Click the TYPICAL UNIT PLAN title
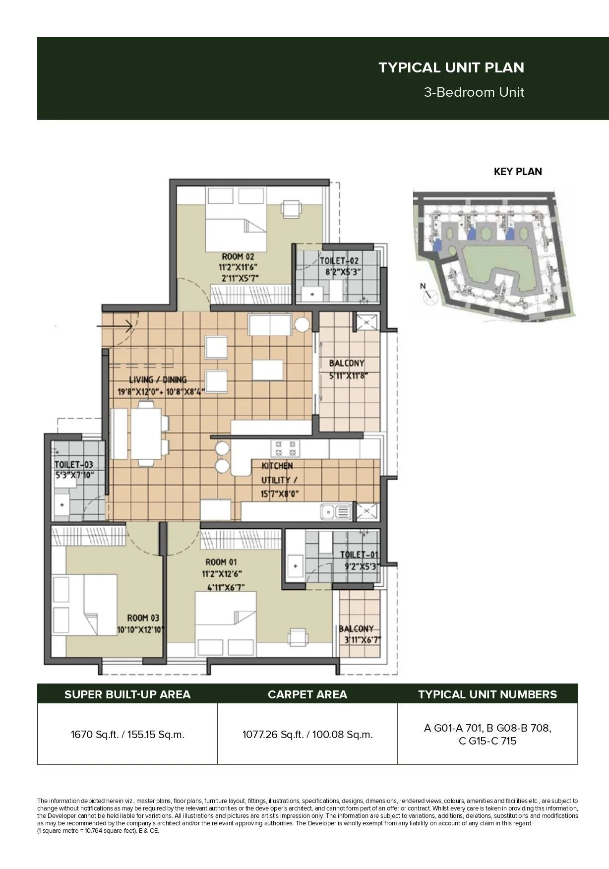[x=451, y=67]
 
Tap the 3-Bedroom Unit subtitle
[x=474, y=92]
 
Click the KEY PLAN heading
[x=517, y=172]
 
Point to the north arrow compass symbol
[x=427, y=294]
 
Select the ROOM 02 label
[x=238, y=256]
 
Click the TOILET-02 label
[x=339, y=261]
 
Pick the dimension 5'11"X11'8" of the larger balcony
[x=348, y=375]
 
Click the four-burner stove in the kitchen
[x=286, y=448]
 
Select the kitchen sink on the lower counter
[x=336, y=511]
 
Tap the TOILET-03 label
[x=73, y=465]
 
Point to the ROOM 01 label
[x=221, y=562]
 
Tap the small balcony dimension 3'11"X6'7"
[x=362, y=639]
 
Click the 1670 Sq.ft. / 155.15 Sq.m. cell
[x=127, y=734]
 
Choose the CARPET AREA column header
[x=307, y=694]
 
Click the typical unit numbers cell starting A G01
[x=487, y=734]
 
